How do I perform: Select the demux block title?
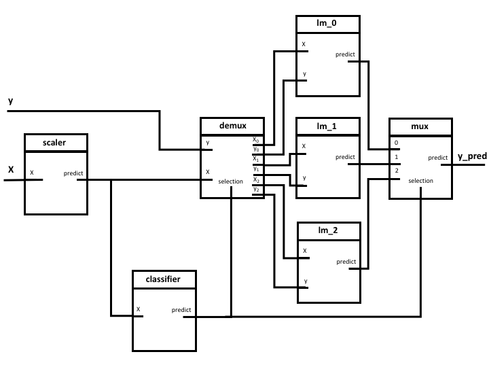click(x=232, y=126)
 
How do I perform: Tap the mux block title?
click(x=420, y=126)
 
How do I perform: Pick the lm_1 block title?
click(x=327, y=126)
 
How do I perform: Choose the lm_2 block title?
click(x=327, y=231)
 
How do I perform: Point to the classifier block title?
click(x=164, y=279)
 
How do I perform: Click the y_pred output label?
click(x=472, y=156)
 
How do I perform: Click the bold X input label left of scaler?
click(x=11, y=171)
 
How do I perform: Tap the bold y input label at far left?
click(x=10, y=101)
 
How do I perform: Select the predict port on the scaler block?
click(x=73, y=173)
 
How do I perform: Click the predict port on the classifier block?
click(x=181, y=310)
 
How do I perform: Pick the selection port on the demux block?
click(x=231, y=181)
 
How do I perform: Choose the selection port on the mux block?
click(x=421, y=181)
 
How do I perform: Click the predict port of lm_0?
click(x=345, y=54)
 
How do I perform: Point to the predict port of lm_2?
click(x=346, y=262)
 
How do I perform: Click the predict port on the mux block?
click(x=437, y=158)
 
